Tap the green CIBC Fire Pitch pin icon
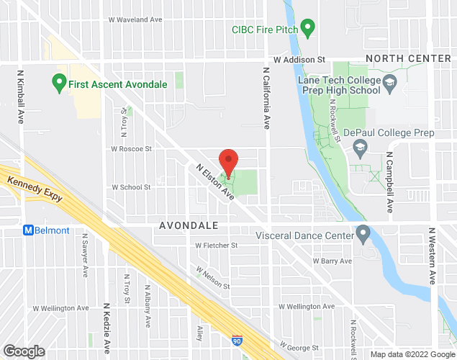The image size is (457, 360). [308, 30]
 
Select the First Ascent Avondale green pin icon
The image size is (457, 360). [60, 84]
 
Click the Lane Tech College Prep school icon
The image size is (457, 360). [389, 84]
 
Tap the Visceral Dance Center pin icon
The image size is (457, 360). [363, 233]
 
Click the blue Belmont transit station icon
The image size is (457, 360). [29, 230]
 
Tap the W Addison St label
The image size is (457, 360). [299, 60]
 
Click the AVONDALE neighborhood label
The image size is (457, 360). [188, 225]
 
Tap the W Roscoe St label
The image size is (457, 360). [131, 149]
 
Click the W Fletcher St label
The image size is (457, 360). [216, 245]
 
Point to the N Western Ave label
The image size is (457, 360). [432, 256]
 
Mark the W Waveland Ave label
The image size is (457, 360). [135, 20]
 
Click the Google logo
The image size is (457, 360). [23, 351]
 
